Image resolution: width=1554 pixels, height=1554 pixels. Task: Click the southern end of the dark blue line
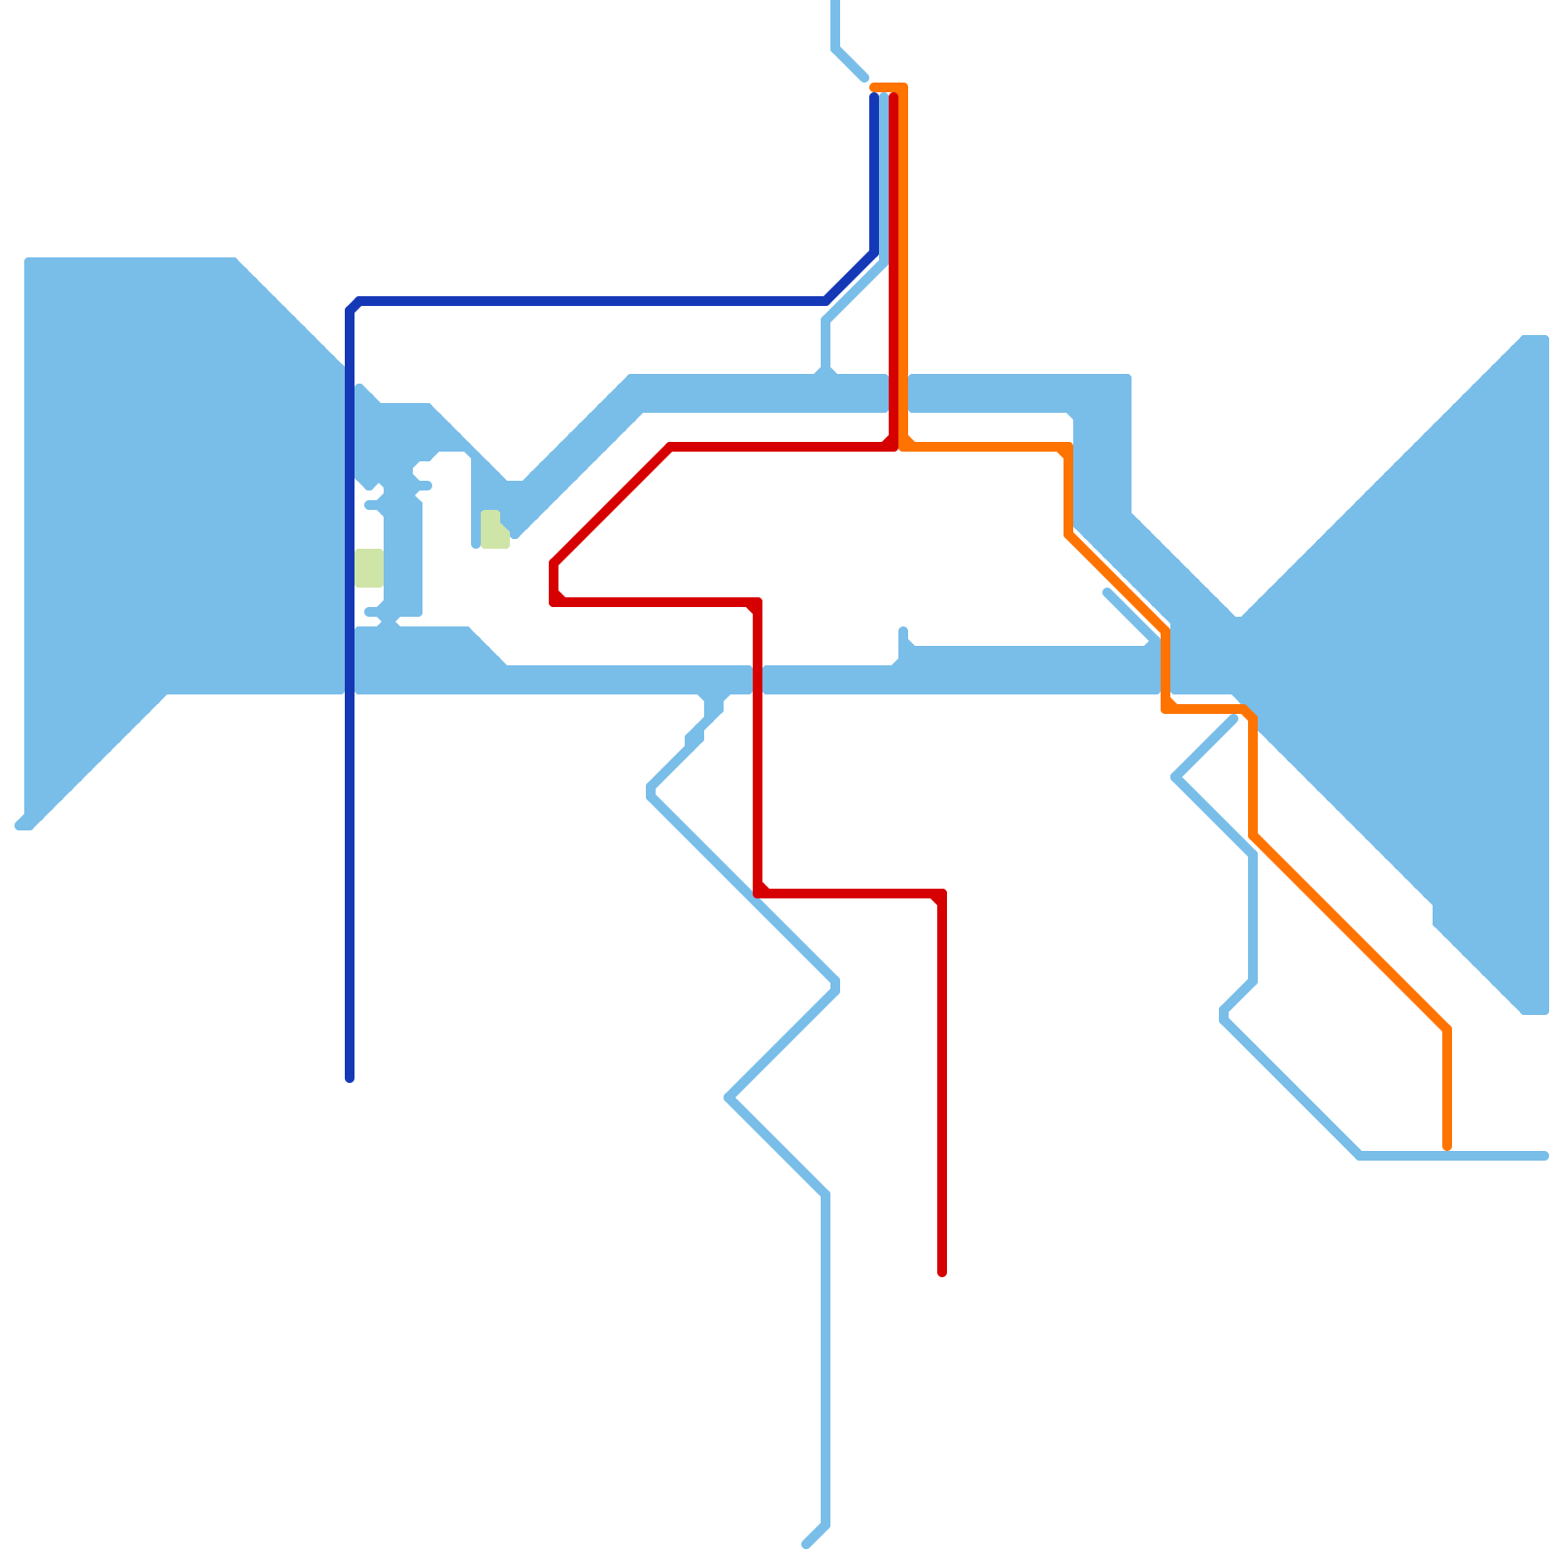coord(350,1077)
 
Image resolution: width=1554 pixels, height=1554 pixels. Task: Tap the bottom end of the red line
coord(942,1271)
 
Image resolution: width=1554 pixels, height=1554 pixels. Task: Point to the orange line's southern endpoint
coord(1447,1147)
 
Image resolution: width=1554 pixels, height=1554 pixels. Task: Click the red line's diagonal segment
coord(612,505)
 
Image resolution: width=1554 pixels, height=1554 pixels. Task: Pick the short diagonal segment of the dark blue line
coord(851,277)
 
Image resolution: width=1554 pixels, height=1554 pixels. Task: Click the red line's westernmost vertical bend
coord(554,583)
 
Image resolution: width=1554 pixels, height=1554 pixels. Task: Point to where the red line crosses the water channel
coord(758,680)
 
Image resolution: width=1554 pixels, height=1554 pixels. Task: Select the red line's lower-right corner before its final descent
coord(940,895)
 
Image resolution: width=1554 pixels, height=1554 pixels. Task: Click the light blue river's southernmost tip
coord(807,1543)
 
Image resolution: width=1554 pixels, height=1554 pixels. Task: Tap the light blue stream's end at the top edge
coord(835,4)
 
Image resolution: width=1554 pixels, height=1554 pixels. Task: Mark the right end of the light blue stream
coord(1543,1156)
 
